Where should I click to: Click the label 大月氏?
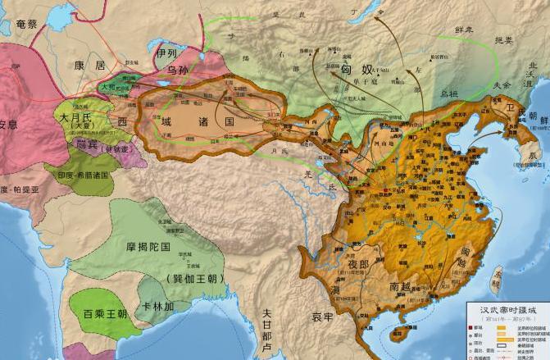(75, 118)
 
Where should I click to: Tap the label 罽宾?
(87, 144)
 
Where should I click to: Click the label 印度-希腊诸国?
(82, 175)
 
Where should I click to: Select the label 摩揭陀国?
(161, 246)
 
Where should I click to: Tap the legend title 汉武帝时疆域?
(509, 308)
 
